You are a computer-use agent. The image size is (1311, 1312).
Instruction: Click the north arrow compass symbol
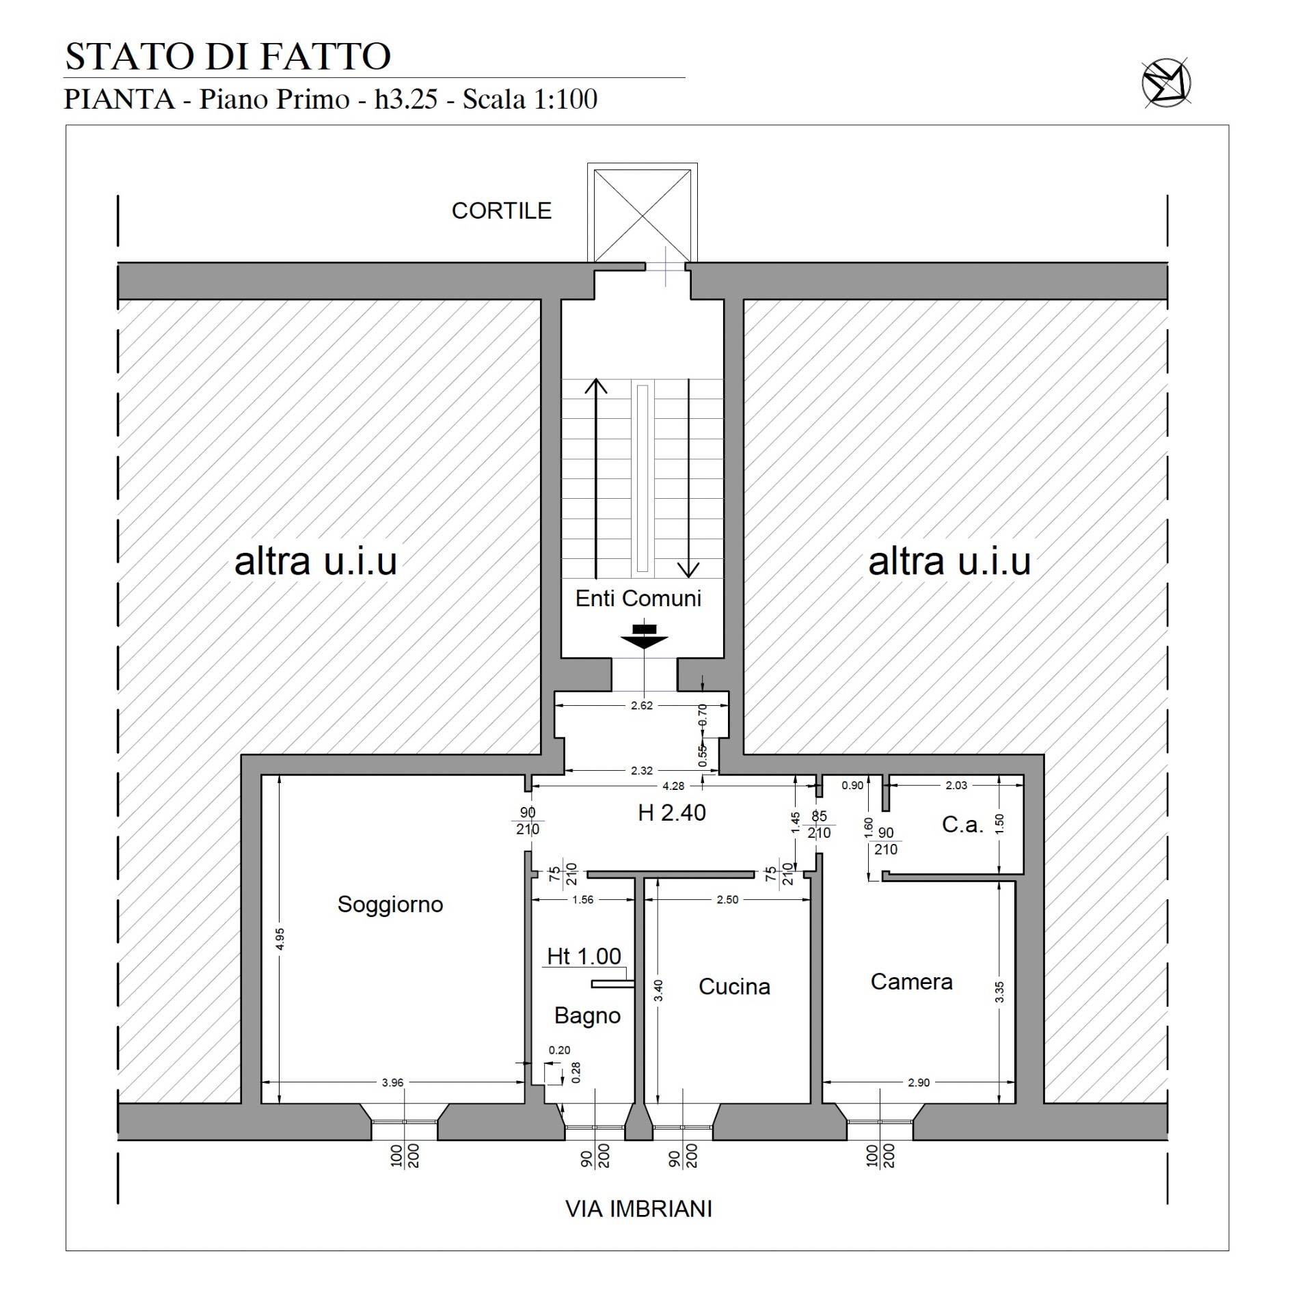pyautogui.click(x=1166, y=84)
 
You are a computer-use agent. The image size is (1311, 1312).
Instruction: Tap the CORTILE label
pyautogui.click(x=501, y=211)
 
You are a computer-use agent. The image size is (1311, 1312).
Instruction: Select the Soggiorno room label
pyautogui.click(x=390, y=905)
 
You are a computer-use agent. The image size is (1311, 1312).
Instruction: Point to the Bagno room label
pyautogui.click(x=587, y=1015)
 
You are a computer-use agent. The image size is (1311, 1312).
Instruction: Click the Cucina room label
pyautogui.click(x=734, y=987)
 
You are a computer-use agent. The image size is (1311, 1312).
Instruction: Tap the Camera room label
pyautogui.click(x=911, y=982)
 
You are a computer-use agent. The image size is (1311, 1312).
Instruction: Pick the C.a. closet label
pyautogui.click(x=962, y=825)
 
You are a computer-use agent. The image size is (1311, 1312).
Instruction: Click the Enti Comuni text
pyautogui.click(x=638, y=599)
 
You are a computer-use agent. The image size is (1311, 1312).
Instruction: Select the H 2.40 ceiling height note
pyautogui.click(x=671, y=813)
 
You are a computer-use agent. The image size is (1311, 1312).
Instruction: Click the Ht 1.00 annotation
pyautogui.click(x=584, y=956)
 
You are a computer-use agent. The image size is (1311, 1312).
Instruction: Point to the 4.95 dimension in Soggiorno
pyautogui.click(x=280, y=938)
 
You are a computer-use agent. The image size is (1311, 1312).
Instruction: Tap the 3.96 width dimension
pyautogui.click(x=392, y=1082)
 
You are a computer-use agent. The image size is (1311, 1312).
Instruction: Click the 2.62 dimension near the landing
pyautogui.click(x=641, y=706)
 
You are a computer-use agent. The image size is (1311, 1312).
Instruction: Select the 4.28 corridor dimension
pyautogui.click(x=673, y=787)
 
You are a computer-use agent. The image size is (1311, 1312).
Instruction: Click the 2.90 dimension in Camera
pyautogui.click(x=918, y=1082)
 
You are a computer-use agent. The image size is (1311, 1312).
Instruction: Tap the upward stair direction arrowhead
pyautogui.click(x=597, y=386)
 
